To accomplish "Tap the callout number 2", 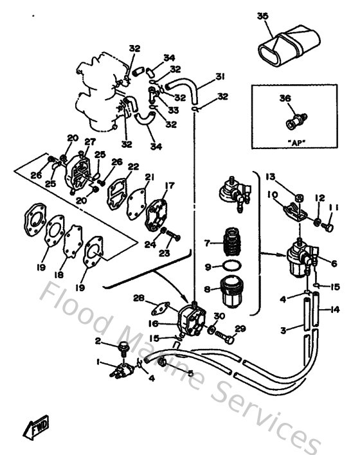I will click(x=98, y=340).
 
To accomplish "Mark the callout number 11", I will click(x=333, y=209).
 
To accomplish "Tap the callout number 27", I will click(x=90, y=142).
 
